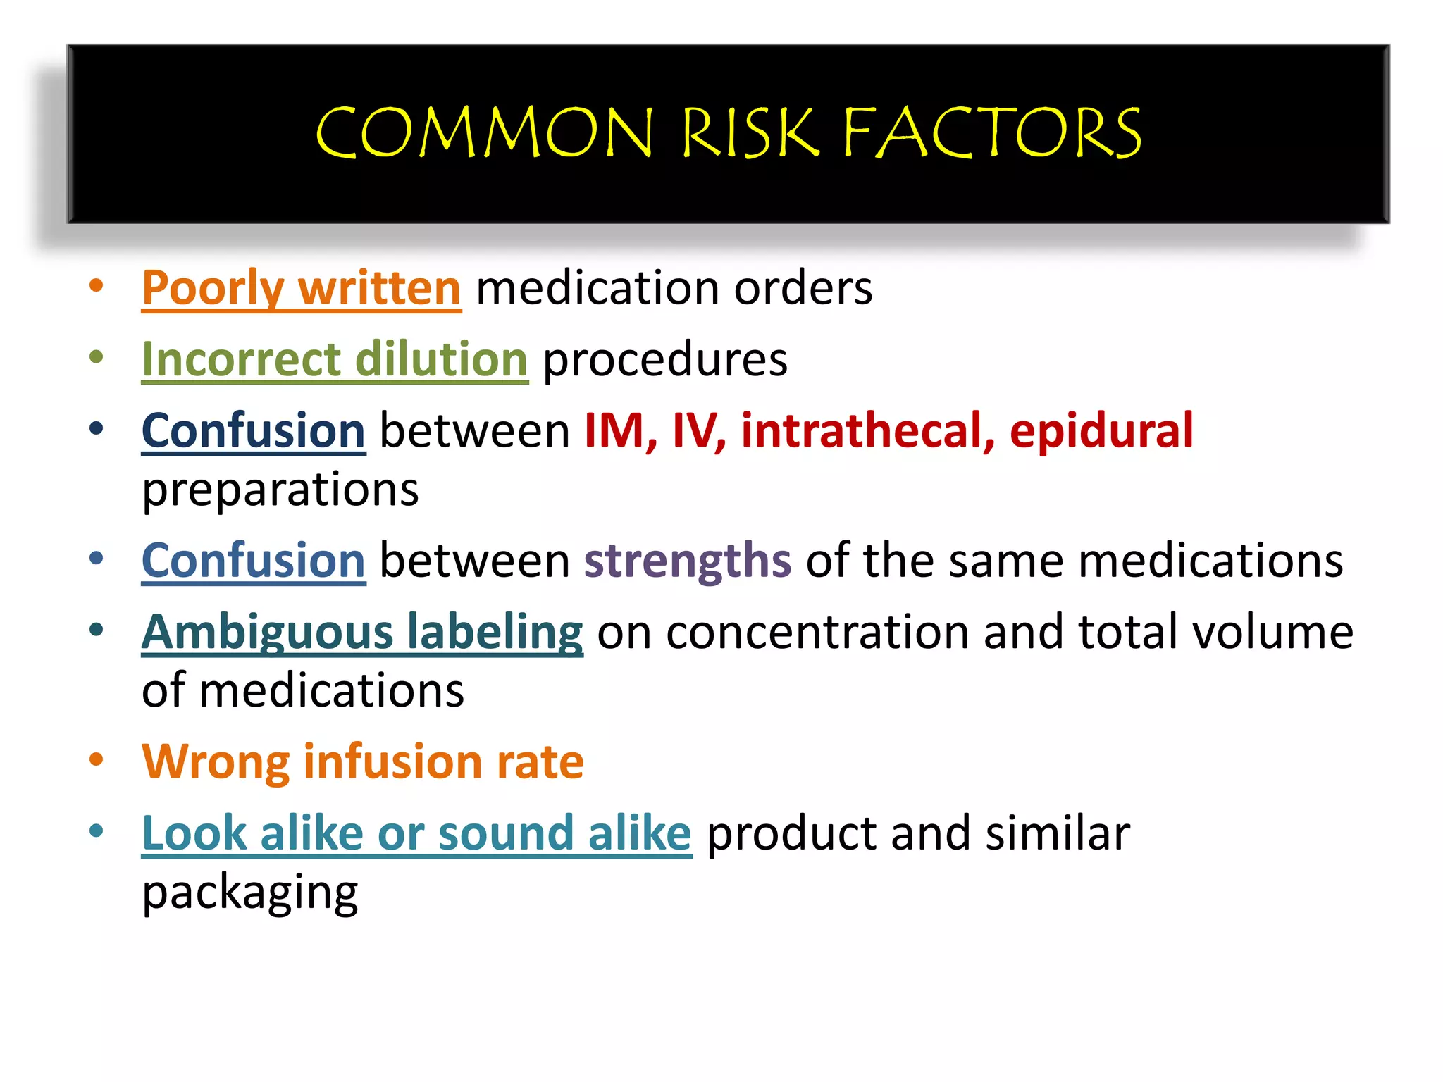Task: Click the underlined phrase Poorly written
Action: click(x=302, y=288)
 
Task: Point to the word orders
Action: click(x=803, y=288)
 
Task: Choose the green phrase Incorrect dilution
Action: click(x=335, y=359)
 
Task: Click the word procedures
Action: click(x=665, y=359)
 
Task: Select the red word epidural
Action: click(x=1101, y=430)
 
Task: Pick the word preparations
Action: click(x=280, y=490)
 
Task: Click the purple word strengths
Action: click(x=688, y=561)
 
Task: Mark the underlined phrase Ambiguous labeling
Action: click(x=362, y=632)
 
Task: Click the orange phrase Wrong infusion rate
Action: click(x=363, y=762)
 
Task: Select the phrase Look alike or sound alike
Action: click(x=416, y=833)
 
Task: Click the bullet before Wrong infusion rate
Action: click(x=97, y=759)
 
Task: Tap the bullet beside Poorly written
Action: click(x=97, y=285)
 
